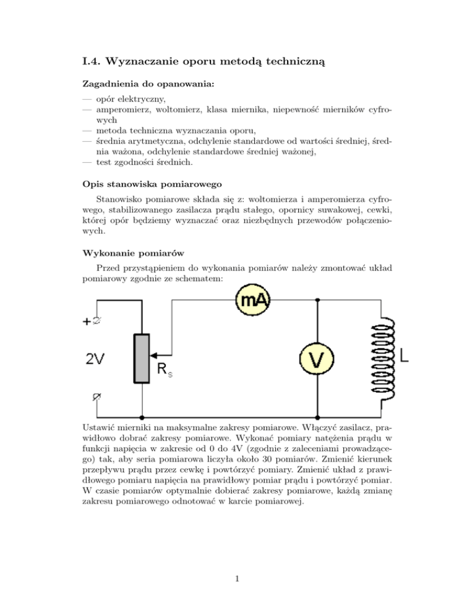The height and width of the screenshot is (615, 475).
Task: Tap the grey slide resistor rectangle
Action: click(142, 358)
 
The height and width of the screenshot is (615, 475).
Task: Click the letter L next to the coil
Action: click(404, 356)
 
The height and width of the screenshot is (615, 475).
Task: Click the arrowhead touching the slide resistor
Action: click(154, 356)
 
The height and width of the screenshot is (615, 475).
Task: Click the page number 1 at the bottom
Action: click(237, 579)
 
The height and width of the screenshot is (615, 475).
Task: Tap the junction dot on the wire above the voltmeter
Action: click(317, 300)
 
